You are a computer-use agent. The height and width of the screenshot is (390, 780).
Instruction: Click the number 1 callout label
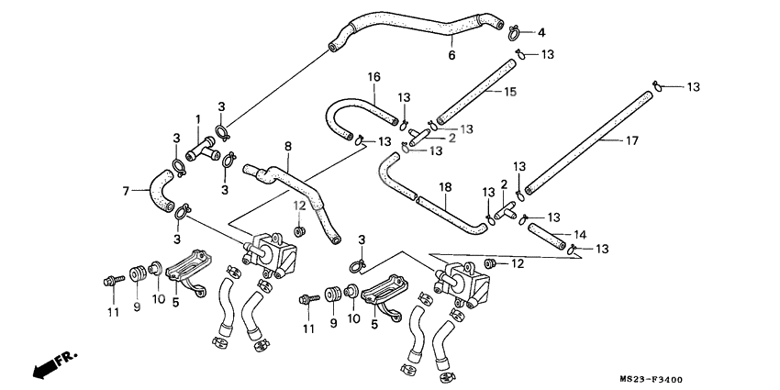(196, 118)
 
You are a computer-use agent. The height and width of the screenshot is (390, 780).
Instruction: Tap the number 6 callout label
(451, 55)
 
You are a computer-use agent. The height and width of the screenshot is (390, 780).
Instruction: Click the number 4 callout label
(540, 33)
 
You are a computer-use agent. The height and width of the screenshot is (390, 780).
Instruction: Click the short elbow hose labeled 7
(163, 188)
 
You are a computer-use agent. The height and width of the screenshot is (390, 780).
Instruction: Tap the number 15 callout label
(511, 92)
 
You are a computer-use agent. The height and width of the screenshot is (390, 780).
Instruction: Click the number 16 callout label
(374, 76)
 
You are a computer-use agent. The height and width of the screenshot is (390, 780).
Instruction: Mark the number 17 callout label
(632, 141)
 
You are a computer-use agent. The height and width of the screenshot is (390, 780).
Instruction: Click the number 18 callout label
(446, 187)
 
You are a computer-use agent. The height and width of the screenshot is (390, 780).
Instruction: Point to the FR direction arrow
(54, 363)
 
